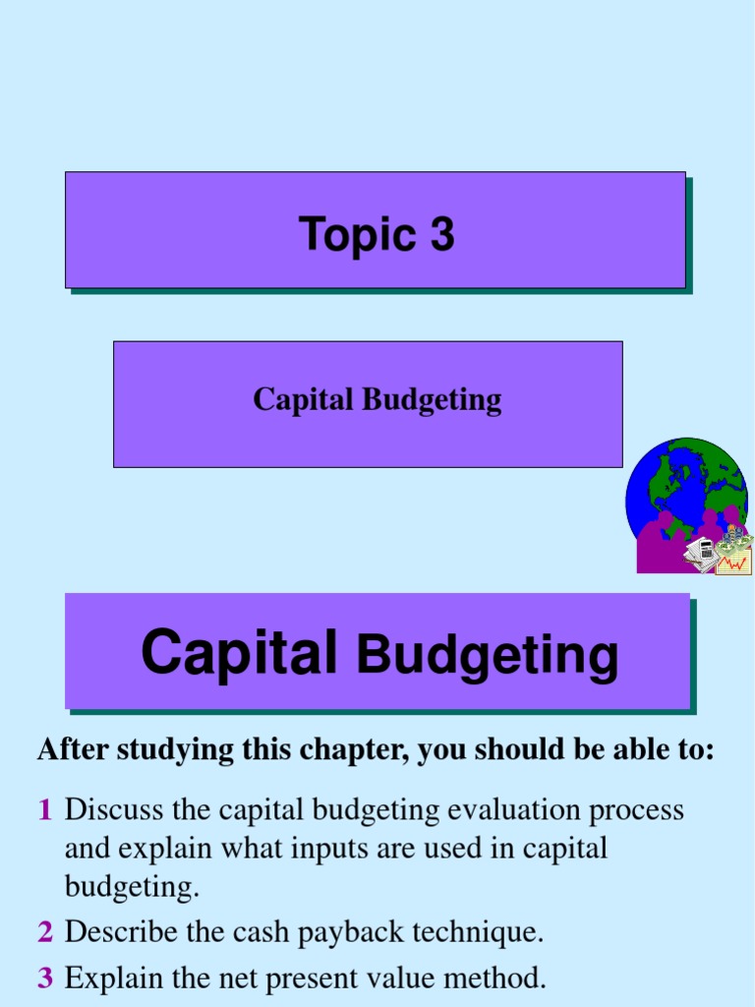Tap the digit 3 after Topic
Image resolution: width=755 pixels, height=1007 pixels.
441,235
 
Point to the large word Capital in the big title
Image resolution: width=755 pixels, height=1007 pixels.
240,652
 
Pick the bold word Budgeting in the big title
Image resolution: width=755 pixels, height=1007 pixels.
488,655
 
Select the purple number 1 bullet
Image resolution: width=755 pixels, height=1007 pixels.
44,810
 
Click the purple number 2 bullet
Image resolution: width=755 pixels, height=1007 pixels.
45,932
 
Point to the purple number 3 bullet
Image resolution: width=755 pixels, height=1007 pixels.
45,977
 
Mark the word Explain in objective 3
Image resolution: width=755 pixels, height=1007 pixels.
109,977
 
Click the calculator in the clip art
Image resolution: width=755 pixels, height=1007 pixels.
701,553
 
